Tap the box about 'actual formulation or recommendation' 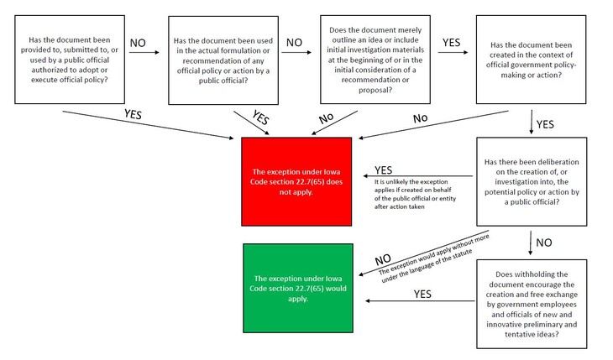[x=222, y=59]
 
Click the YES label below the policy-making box [x=545, y=124]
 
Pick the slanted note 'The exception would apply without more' [x=433, y=253]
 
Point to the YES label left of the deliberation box [x=384, y=170]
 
